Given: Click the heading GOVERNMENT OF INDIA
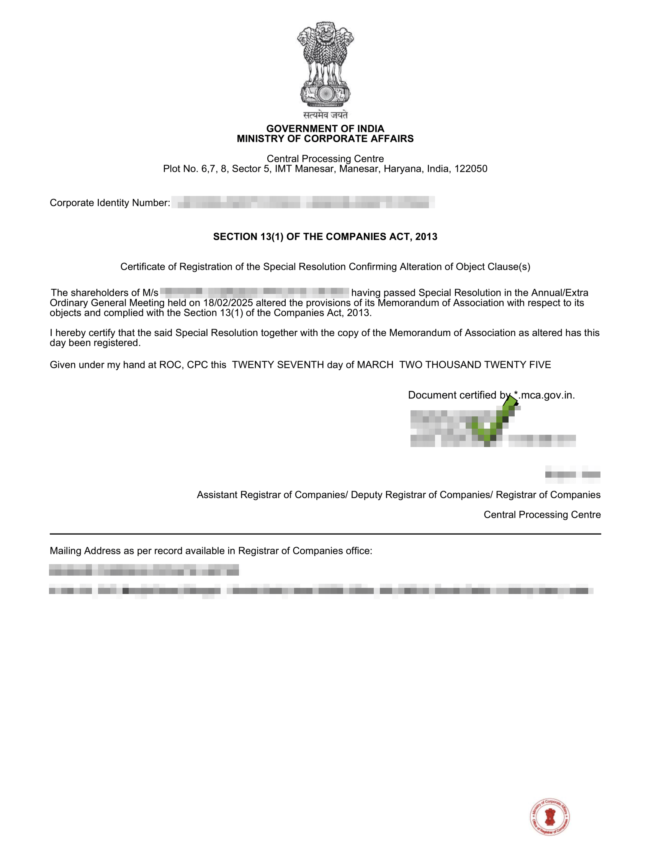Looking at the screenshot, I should (325, 129).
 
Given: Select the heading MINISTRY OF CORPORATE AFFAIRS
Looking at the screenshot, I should (325, 139).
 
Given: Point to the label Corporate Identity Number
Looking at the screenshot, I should (110, 203).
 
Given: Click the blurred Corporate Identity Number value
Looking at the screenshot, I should (303, 202).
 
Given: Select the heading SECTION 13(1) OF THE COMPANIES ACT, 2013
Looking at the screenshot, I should (325, 237).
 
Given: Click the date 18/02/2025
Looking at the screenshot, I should (228, 303).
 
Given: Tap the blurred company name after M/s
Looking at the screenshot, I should (255, 292).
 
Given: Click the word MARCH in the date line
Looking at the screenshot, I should (375, 365).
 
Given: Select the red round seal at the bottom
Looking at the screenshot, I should (550, 816).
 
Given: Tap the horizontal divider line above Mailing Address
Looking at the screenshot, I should (325, 534).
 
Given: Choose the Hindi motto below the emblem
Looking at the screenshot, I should (325, 115).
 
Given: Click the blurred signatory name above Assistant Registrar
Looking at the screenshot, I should (573, 475).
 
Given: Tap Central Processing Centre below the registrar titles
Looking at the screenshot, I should (542, 515).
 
